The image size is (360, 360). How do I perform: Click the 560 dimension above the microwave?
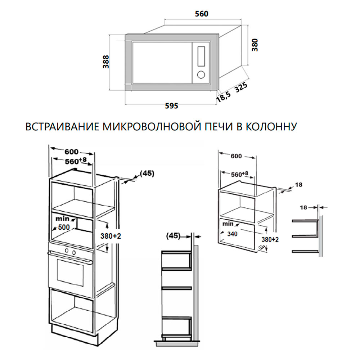[x=202, y=14]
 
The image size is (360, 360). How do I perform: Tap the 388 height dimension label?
[x=106, y=62]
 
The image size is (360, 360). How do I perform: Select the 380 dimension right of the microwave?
[x=255, y=45]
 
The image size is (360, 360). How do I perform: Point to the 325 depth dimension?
[x=241, y=87]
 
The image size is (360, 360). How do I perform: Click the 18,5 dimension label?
[x=223, y=96]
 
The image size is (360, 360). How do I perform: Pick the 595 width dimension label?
[x=171, y=106]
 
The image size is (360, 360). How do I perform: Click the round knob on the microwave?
[x=201, y=75]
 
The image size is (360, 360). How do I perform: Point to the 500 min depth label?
[x=64, y=227]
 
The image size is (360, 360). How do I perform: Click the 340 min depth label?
[x=232, y=234]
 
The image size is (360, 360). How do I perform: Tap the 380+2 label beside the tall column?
[x=111, y=236]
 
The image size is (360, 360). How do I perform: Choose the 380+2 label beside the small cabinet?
[x=270, y=239]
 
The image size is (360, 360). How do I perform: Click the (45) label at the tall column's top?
[x=147, y=173]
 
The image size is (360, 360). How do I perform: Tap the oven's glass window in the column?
[x=71, y=273]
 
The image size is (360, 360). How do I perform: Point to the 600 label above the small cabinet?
[x=236, y=156]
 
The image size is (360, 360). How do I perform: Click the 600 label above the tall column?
[x=71, y=152]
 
